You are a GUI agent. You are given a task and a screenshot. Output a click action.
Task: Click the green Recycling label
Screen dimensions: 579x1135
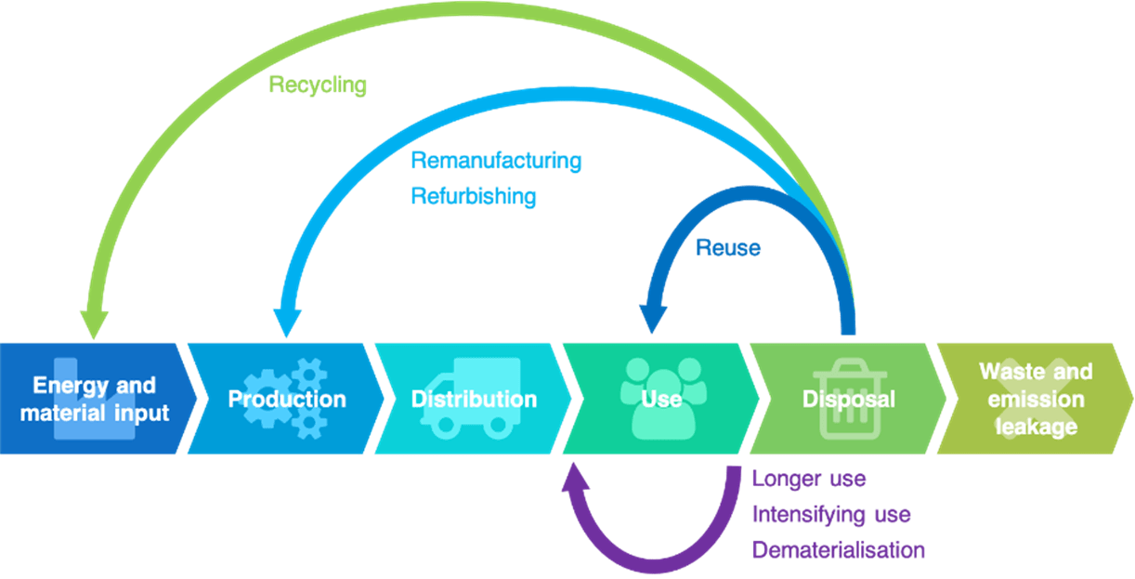318,86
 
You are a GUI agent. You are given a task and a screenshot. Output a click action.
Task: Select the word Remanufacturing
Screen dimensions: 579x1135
496,161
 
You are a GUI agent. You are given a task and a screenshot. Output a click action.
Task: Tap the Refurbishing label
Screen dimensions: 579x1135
474,196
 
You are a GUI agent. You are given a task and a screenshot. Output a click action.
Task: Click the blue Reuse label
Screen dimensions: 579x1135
728,248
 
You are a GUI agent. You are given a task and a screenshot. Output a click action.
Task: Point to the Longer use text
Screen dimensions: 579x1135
809,480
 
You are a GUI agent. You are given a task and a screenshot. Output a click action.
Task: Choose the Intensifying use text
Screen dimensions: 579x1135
831,514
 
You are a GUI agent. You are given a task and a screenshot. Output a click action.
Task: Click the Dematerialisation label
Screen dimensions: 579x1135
839,549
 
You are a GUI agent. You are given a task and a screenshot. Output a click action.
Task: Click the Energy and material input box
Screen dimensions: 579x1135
95,399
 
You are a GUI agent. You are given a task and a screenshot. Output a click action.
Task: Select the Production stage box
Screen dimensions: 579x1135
286,399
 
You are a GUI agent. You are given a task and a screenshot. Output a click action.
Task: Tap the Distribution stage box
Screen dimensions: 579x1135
474,399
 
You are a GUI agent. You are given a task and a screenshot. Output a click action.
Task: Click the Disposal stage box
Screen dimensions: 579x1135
848,399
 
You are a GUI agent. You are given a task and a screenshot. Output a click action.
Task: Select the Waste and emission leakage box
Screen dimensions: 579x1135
1035,399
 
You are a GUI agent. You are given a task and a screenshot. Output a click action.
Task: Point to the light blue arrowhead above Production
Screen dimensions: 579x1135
284,322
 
